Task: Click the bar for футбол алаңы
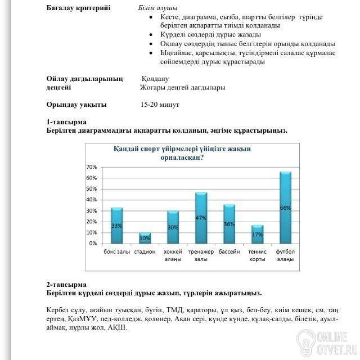point(285,208)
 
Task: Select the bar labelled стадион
point(145,238)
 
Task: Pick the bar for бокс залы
point(116,226)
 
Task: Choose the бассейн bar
point(229,224)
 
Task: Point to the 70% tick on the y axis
point(91,167)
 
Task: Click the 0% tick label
point(93,244)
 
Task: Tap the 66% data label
point(285,208)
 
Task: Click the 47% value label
point(201,217)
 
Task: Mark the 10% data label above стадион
point(145,238)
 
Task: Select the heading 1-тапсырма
point(66,121)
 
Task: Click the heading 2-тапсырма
point(66,285)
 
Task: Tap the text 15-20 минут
point(160,105)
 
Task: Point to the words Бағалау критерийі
point(78,8)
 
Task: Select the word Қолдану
point(155,79)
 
